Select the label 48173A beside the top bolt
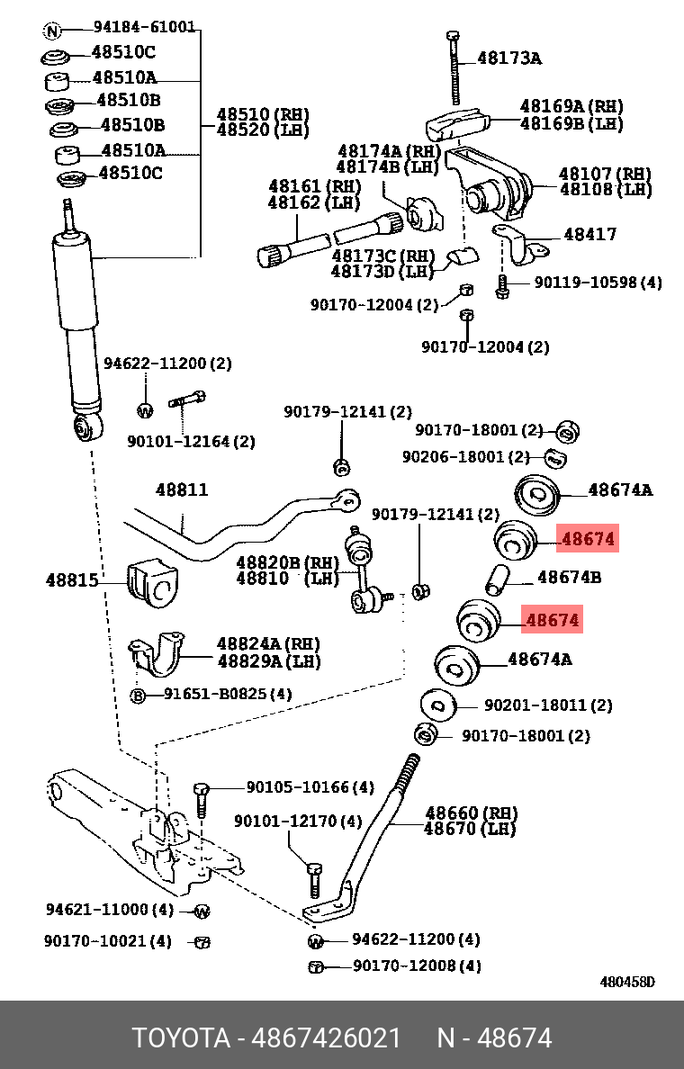[x=509, y=58]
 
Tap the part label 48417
[x=590, y=235]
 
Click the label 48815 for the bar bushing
[x=72, y=579]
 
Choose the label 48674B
[x=569, y=577]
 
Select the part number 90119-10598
[x=597, y=283]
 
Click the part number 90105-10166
[x=296, y=788]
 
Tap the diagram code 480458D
[x=627, y=982]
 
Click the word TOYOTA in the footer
[x=180, y=1037]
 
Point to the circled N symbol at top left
[x=55, y=29]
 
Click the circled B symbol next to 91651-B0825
[x=140, y=694]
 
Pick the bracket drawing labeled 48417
[x=521, y=242]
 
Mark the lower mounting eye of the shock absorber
[x=87, y=430]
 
